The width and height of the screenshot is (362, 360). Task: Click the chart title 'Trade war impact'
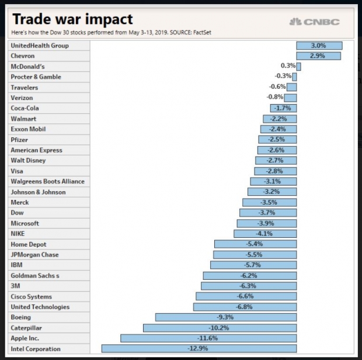72,19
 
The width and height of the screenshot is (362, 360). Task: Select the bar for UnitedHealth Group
319,46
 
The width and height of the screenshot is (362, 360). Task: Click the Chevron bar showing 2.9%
318,56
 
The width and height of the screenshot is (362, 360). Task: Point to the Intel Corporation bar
199,349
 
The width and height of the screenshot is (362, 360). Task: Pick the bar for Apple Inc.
208,338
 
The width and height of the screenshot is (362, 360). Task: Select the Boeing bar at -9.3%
226,317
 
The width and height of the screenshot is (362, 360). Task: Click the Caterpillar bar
220,328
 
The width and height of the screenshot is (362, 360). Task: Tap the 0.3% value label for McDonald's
288,66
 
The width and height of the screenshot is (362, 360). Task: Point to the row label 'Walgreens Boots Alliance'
47,181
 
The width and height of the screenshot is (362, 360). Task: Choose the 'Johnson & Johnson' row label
38,192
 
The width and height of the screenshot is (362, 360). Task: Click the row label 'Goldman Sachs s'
35,275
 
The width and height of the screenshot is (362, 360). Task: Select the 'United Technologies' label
40,307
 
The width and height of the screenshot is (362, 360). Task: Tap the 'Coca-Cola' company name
27,108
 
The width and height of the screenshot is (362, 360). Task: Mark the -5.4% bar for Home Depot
255,244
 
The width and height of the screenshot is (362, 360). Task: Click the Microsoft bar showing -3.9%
266,223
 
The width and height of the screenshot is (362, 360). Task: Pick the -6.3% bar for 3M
248,286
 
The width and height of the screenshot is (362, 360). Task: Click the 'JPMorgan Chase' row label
34,255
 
